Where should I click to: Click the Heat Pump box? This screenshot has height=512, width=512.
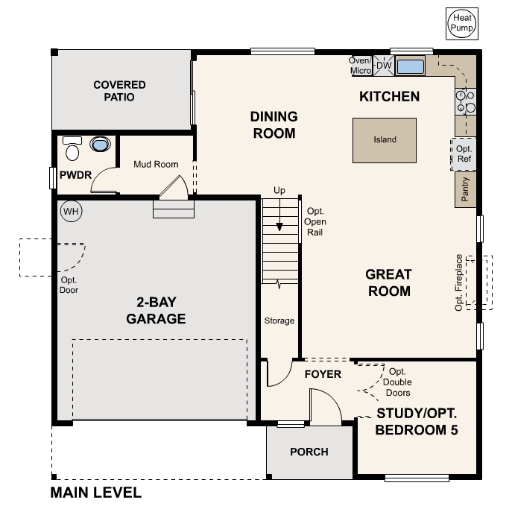(x=461, y=23)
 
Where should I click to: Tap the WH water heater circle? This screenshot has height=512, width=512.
(x=70, y=211)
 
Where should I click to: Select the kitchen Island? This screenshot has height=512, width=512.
(x=385, y=139)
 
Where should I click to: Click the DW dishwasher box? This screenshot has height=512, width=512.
(x=384, y=66)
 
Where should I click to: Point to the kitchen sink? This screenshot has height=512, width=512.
(x=410, y=66)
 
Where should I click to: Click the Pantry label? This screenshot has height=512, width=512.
(x=465, y=190)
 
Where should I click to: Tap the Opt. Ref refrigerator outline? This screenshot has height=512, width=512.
(x=464, y=154)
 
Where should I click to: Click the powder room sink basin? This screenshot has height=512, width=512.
(x=98, y=144)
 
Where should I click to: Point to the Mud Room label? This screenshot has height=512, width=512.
(x=156, y=164)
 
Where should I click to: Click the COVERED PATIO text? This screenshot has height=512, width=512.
(x=119, y=91)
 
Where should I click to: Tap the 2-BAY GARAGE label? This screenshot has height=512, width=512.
(x=155, y=311)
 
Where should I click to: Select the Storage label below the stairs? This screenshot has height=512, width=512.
(x=279, y=321)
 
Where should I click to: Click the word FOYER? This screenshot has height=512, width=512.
(x=323, y=374)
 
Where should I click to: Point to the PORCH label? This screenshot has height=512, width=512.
(x=309, y=452)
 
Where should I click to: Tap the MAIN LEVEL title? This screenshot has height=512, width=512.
(x=95, y=493)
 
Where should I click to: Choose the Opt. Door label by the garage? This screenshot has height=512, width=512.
(x=69, y=285)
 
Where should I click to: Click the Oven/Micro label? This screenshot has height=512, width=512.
(x=361, y=66)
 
